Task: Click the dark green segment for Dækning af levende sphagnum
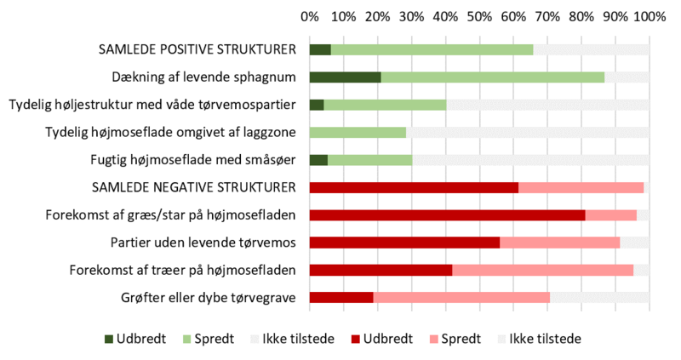345,77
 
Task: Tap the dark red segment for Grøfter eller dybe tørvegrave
341,297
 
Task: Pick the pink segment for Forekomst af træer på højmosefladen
542,270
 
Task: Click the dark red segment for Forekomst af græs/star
447,214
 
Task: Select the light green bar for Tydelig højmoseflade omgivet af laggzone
358,132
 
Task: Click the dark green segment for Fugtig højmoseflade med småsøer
318,160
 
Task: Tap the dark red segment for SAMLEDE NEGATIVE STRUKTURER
414,187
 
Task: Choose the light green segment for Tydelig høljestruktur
385,105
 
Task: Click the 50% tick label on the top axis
479,16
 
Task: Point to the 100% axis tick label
650,16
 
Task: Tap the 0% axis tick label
310,16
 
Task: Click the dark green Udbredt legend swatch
109,339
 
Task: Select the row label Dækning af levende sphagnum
203,77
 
